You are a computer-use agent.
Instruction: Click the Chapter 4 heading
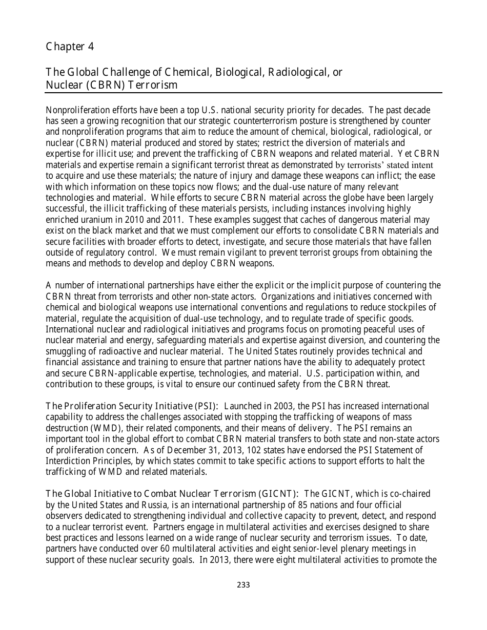click(x=70, y=47)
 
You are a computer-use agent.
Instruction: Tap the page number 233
click(x=243, y=585)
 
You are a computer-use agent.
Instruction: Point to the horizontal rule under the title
click(x=243, y=93)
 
